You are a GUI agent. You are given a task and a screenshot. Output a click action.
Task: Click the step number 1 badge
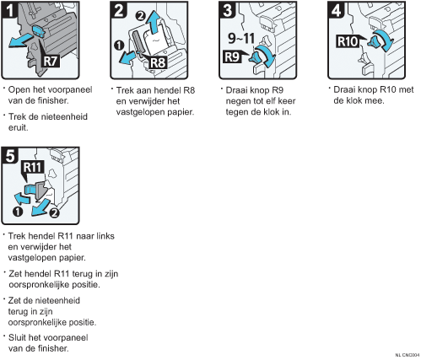tap(10, 10)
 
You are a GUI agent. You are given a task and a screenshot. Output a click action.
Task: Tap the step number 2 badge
tap(119, 10)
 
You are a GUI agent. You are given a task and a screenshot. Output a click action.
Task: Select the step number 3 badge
tap(228, 10)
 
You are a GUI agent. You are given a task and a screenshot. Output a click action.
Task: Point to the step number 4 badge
tap(337, 10)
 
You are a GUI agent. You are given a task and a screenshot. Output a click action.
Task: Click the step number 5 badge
tap(10, 155)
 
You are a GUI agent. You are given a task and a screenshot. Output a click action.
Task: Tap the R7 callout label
tap(51, 61)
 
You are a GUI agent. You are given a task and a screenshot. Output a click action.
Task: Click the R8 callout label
tap(158, 62)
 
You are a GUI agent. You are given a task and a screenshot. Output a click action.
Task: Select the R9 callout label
tap(232, 56)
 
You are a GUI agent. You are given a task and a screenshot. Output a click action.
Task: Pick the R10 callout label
tap(348, 41)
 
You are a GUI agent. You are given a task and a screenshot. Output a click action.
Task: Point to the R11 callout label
tap(33, 168)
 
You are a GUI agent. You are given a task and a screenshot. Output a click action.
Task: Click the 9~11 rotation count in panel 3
tap(241, 38)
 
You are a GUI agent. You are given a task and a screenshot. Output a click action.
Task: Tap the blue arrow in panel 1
tap(20, 41)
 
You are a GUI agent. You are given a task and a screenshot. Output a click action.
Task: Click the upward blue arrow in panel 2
tap(153, 22)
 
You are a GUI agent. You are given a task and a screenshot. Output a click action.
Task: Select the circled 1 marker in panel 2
tap(119, 46)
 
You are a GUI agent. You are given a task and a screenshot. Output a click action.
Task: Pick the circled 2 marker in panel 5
tap(54, 212)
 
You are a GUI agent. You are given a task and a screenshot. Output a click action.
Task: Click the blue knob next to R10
tap(374, 41)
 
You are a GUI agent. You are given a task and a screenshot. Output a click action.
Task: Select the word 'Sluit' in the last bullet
tap(18, 337)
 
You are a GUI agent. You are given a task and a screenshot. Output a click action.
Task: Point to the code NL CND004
tap(408, 355)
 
